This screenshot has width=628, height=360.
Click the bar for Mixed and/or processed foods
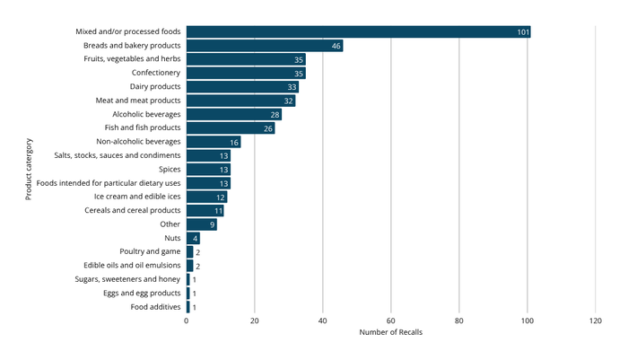[x=358, y=31]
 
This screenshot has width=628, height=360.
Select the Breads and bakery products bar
[x=265, y=45]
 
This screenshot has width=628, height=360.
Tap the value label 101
[x=523, y=32]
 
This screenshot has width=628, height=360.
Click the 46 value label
[x=336, y=46]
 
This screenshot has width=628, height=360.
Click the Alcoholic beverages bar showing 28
[x=234, y=114]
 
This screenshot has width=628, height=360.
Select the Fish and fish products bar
[x=231, y=128]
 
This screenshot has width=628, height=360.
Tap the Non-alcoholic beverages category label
[x=138, y=142]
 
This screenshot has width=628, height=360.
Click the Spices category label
[x=167, y=169]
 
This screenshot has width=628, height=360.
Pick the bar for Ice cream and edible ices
[x=206, y=197]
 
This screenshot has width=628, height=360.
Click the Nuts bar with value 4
[x=193, y=238]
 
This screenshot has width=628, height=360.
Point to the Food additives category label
[x=156, y=307]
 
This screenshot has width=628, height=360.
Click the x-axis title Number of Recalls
[x=390, y=333]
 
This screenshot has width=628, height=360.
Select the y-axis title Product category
[x=29, y=169]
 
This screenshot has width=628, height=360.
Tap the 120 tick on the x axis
[x=595, y=320]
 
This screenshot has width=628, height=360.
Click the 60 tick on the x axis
[x=391, y=320]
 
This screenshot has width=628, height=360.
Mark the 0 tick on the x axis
[x=187, y=320]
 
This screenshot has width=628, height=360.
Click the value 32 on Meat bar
[x=289, y=101]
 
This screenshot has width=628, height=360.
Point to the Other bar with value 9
[x=202, y=224]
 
